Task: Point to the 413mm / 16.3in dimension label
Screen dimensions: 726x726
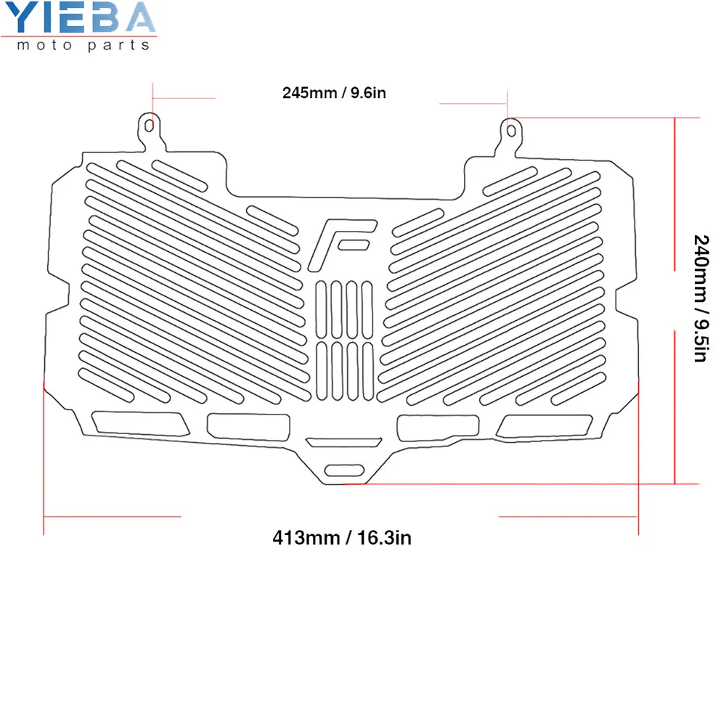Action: tap(343, 538)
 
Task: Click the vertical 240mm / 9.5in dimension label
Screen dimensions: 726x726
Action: tap(700, 298)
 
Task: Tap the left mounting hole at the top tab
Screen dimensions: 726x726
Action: tap(149, 126)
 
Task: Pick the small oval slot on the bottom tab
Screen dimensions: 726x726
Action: tap(344, 470)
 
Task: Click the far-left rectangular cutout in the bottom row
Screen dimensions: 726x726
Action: tap(138, 423)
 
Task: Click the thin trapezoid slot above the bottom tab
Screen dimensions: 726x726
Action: tap(343, 442)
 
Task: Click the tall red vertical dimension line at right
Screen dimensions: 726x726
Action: tap(675, 301)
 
